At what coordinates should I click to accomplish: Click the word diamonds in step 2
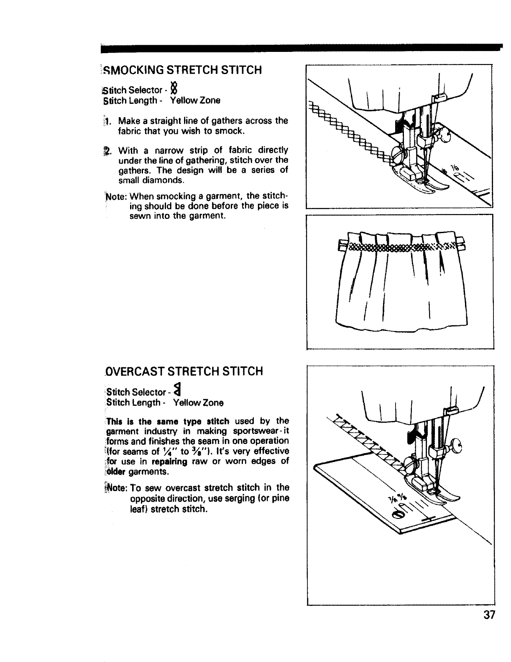(161, 181)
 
